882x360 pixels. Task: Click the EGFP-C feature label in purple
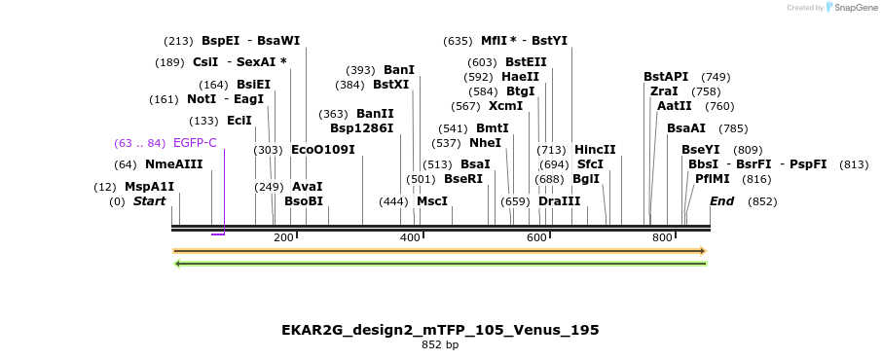click(195, 143)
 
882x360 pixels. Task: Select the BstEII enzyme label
click(525, 62)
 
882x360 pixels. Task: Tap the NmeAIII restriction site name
click(174, 164)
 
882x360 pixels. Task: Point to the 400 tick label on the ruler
click(410, 238)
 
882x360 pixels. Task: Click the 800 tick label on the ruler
click(662, 238)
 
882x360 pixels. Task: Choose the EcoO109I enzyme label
click(323, 150)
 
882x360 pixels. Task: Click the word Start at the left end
click(150, 201)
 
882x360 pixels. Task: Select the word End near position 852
click(721, 201)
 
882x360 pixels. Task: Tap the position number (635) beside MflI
click(458, 41)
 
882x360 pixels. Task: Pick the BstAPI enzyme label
click(666, 77)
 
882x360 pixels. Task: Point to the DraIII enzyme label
click(559, 201)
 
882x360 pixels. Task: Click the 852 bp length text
click(440, 344)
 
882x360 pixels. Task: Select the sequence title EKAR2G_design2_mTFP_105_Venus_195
click(440, 330)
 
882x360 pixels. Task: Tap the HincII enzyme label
click(595, 150)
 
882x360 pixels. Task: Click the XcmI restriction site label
click(505, 106)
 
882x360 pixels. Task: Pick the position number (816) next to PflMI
click(756, 179)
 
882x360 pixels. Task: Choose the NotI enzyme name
click(202, 99)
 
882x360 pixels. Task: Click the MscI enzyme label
click(432, 201)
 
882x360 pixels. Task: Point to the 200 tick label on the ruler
click(283, 238)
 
